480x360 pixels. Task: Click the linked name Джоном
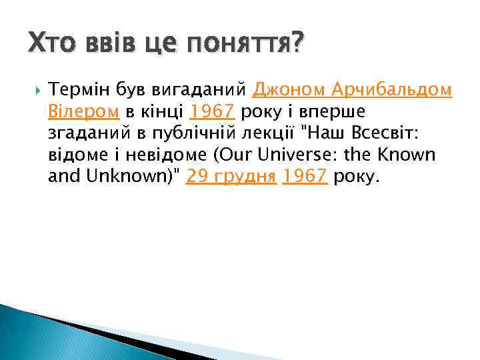(x=291, y=89)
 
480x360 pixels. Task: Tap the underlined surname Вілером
(x=83, y=111)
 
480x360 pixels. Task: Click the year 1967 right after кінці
(x=212, y=111)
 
